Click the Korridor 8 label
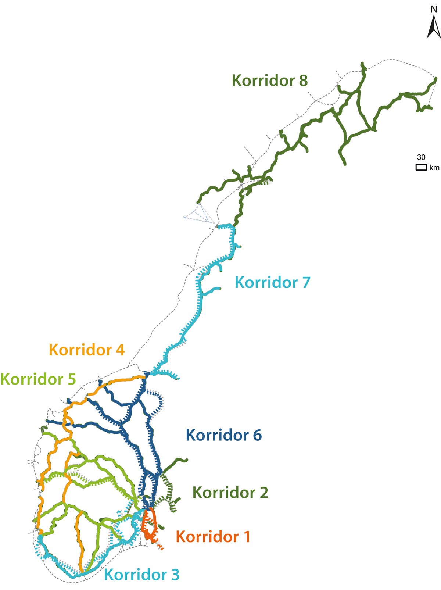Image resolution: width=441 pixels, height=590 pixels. [269, 81]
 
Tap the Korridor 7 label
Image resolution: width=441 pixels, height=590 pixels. [272, 282]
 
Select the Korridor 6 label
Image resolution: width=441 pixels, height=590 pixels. [223, 435]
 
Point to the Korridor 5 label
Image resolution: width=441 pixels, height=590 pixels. [38, 379]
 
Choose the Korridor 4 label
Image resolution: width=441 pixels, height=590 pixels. [87, 350]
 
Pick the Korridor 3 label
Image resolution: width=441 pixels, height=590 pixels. [142, 575]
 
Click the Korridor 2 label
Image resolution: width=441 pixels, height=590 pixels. [230, 493]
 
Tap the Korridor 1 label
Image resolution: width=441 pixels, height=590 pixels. [213, 537]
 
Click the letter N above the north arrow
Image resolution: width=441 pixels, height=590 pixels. [434, 10]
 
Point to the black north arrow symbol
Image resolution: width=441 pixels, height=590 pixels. [434, 28]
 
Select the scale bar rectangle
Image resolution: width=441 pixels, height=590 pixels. [421, 167]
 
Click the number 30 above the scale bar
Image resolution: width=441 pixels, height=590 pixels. [421, 157]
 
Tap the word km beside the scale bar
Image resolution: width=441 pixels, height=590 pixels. [434, 168]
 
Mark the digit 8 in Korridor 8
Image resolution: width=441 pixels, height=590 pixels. [303, 81]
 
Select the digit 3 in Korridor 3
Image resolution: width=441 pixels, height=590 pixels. [175, 575]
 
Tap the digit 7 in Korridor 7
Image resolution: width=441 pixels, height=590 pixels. [306, 282]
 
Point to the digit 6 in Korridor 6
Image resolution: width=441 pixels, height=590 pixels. [257, 435]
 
